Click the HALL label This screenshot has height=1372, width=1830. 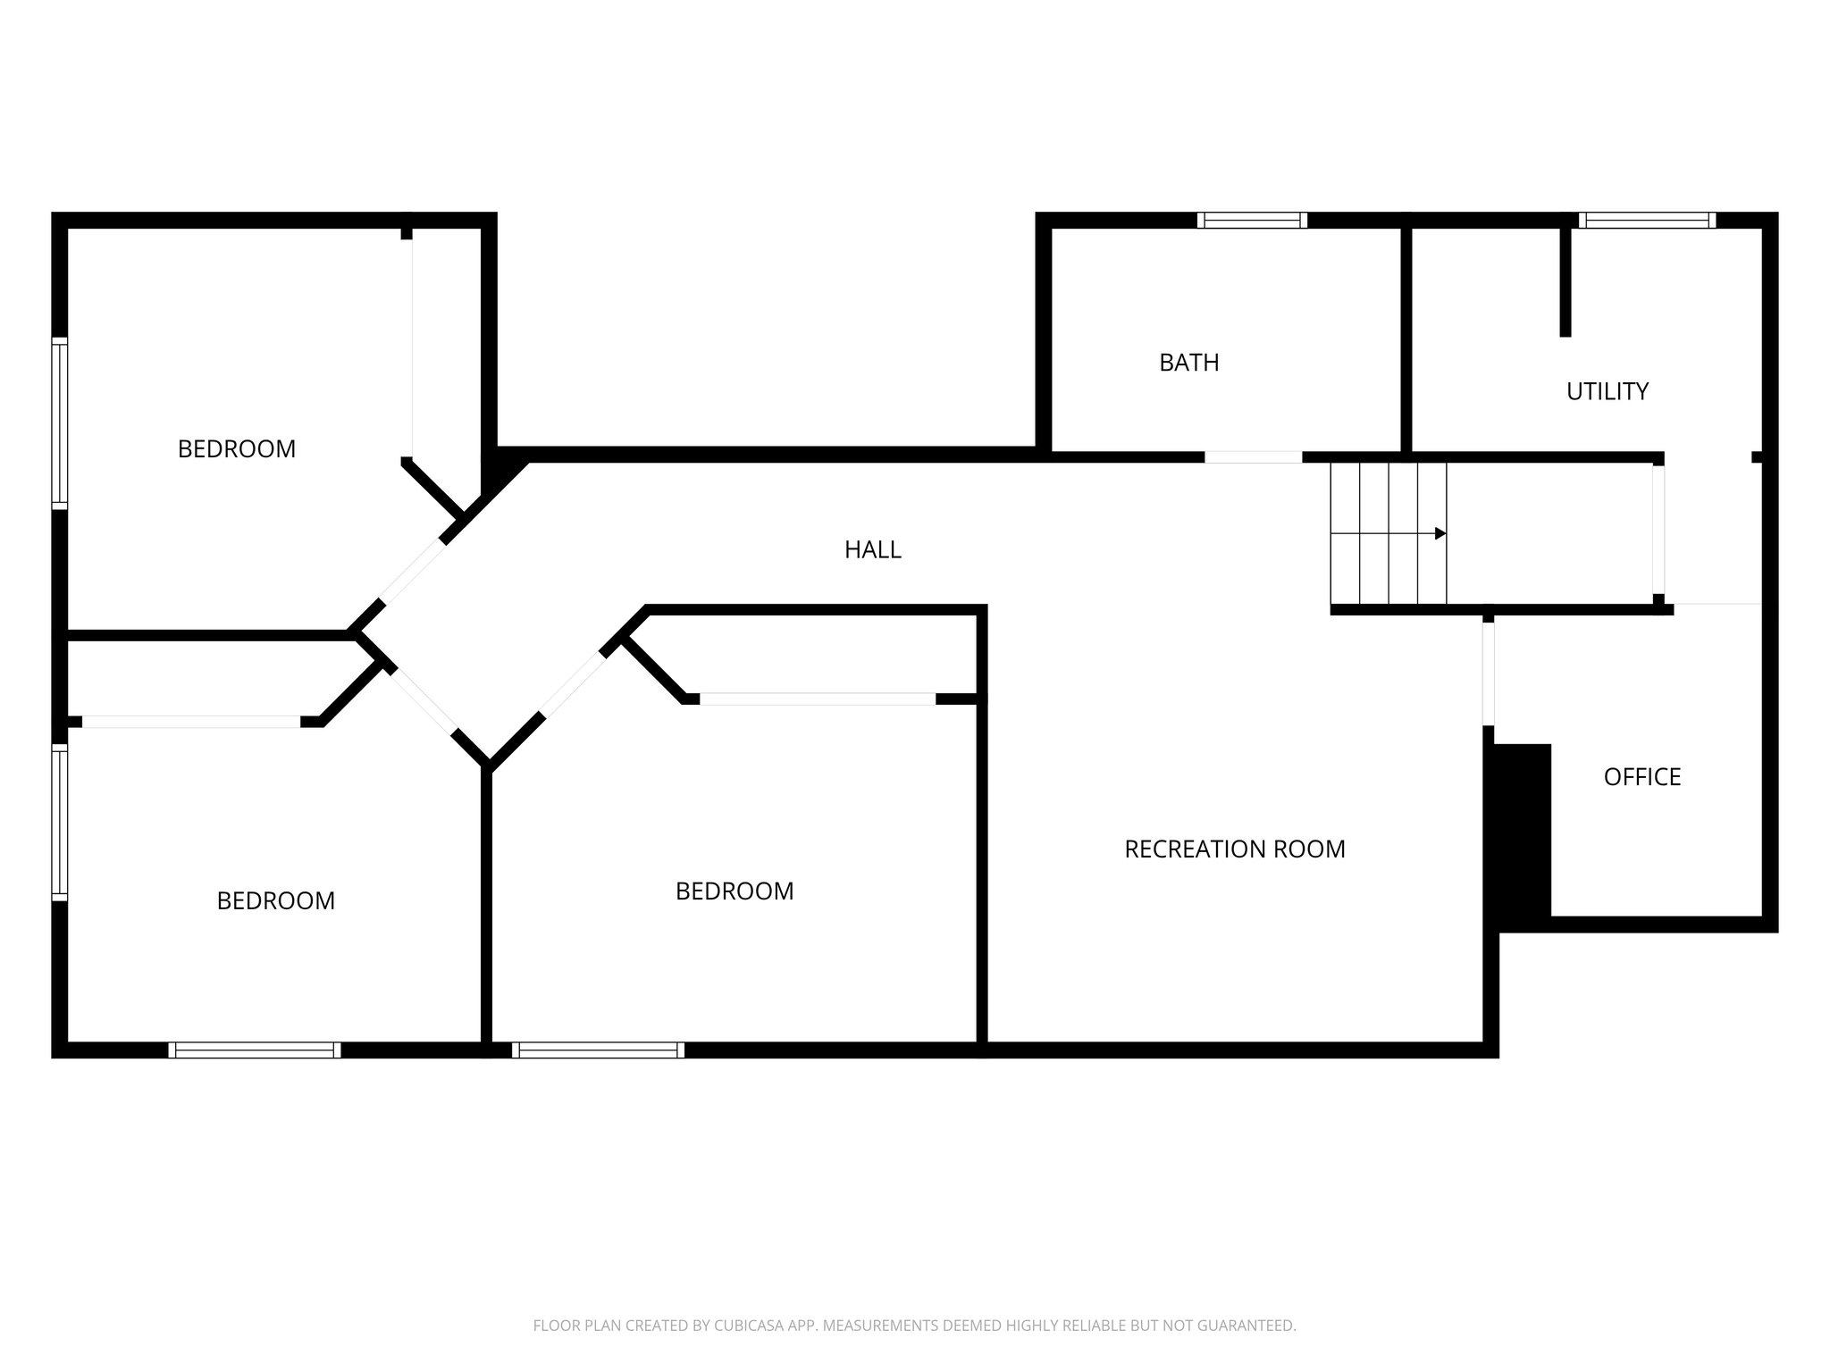[872, 550]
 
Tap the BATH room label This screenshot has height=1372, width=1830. [1188, 363]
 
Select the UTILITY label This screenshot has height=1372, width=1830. [1607, 391]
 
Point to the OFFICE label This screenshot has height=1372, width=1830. [1641, 777]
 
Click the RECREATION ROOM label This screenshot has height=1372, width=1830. [1234, 849]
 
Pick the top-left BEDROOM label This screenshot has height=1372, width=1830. [236, 449]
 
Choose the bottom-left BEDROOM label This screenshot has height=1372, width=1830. [275, 901]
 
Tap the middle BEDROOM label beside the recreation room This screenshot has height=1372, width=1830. [734, 891]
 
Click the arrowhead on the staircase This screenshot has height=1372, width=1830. [1440, 533]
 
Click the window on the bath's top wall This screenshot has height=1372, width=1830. [1252, 221]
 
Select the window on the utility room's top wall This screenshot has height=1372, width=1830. [1647, 221]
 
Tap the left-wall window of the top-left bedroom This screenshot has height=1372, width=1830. [60, 423]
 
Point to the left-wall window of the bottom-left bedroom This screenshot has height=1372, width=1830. [60, 822]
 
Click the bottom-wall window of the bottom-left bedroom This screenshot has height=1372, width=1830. [255, 1050]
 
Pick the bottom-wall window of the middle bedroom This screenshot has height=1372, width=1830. [599, 1050]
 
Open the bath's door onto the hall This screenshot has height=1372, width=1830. [1253, 457]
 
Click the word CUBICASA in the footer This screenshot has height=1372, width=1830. [748, 1326]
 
